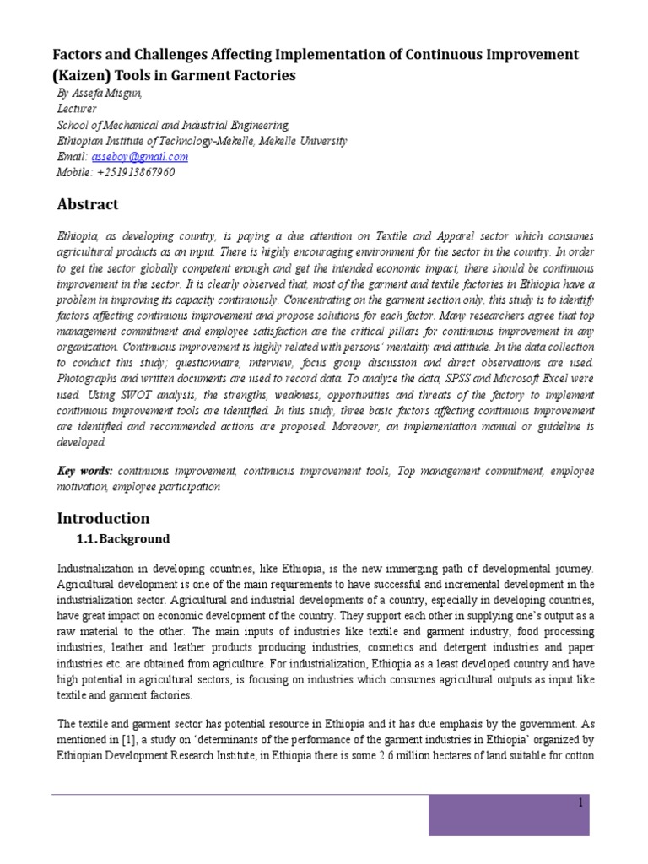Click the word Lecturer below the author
(76, 109)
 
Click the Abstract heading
(88, 204)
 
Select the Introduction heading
(102, 517)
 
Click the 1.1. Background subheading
(123, 539)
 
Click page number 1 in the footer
(580, 802)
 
